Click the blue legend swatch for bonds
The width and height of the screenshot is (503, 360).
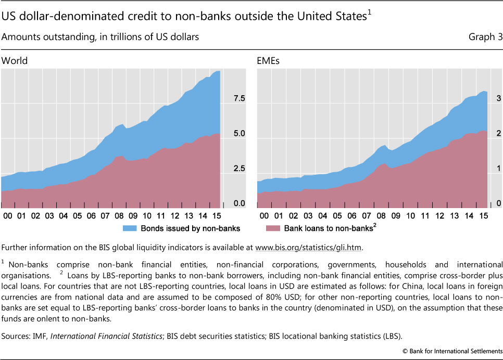point(130,228)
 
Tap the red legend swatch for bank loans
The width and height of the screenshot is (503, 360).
point(273,228)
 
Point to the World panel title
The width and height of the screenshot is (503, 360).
point(15,60)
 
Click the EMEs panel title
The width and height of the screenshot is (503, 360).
point(269,60)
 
